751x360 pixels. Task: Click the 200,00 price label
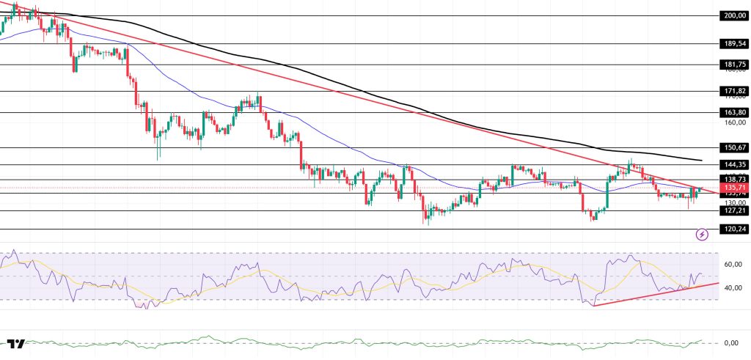click(734, 15)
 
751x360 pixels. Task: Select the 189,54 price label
click(734, 43)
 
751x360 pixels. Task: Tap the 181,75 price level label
click(734, 65)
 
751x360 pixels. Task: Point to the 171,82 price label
click(734, 91)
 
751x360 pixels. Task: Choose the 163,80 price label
click(734, 112)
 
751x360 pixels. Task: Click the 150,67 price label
click(734, 147)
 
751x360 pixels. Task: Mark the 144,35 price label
click(734, 164)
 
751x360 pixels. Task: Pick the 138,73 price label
click(734, 179)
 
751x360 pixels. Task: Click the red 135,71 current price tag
click(734, 187)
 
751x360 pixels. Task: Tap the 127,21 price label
click(734, 210)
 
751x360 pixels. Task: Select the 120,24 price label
click(734, 229)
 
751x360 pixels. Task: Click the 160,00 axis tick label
click(734, 122)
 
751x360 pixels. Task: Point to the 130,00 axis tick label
click(734, 202)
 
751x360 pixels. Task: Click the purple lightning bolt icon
click(703, 235)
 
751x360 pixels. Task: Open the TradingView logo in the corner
click(15, 344)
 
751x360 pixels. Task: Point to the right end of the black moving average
click(702, 160)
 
